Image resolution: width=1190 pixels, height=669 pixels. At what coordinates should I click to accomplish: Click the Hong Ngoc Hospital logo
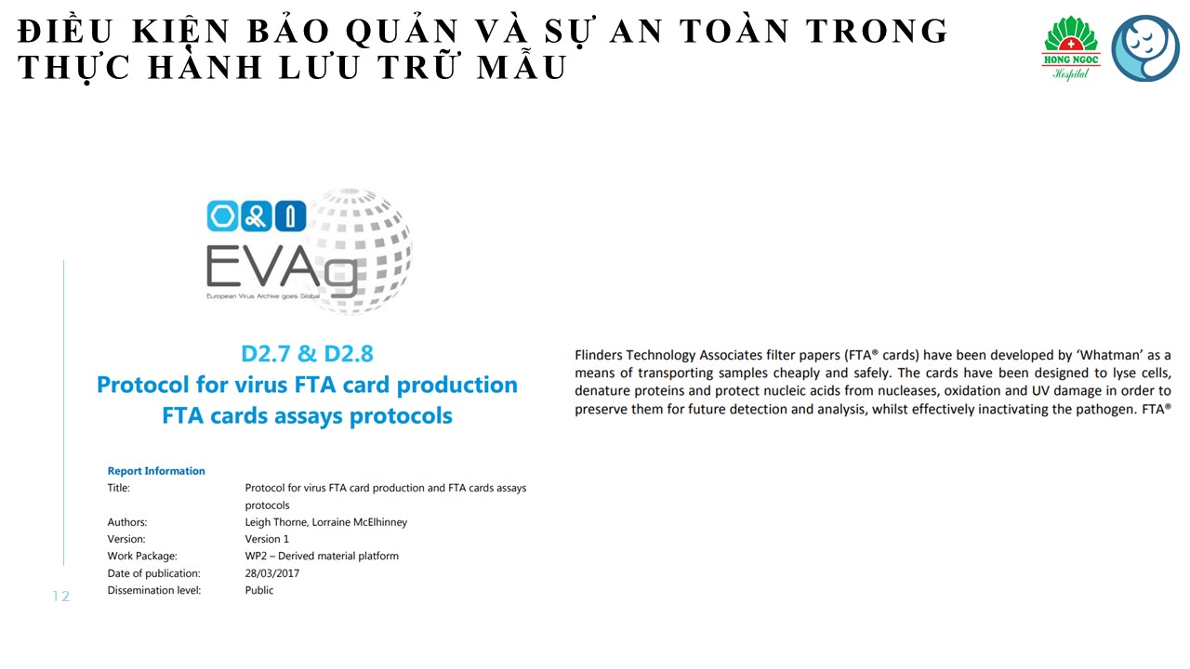(x=1072, y=47)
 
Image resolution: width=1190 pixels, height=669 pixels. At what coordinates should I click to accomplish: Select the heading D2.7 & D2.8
(x=307, y=354)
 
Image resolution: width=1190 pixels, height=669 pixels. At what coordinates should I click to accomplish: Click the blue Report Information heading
(x=156, y=471)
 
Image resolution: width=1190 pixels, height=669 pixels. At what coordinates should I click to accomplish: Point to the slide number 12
(x=61, y=597)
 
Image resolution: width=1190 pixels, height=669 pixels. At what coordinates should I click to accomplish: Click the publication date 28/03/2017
(x=272, y=573)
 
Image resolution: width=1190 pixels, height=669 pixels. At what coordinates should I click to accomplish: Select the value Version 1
(x=267, y=539)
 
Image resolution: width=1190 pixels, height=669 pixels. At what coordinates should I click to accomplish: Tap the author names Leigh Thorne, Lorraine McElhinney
(x=325, y=522)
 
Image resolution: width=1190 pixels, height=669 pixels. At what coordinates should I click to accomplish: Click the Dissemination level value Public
(x=259, y=590)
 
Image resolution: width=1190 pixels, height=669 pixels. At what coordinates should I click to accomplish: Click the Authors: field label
(x=127, y=522)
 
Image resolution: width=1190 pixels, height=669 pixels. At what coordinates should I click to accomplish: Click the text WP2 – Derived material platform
(x=322, y=556)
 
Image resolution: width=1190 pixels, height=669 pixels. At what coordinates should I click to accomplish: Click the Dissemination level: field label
(x=154, y=590)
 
